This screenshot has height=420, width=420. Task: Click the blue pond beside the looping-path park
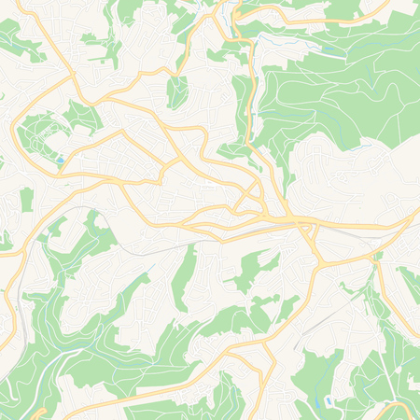tap(61, 161)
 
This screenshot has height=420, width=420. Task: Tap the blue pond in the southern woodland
tap(329, 401)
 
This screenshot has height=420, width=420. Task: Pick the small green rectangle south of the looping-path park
tap(27, 198)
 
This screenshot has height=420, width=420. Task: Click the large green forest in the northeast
tap(336, 93)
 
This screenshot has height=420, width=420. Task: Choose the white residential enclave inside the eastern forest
tap(336, 173)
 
